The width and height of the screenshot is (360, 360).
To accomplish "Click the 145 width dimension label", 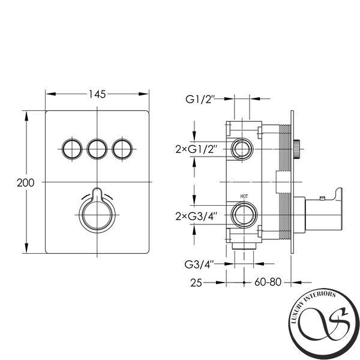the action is click(97, 94).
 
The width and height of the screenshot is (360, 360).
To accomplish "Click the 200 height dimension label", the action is click(25, 183).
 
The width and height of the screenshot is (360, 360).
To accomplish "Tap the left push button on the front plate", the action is click(72, 149).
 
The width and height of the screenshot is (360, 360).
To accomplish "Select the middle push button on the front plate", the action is click(97, 149).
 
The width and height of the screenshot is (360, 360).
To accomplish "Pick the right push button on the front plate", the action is click(122, 149).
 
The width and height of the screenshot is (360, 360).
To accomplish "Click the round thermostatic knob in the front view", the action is click(97, 215).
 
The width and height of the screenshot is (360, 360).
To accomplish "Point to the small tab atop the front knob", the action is click(97, 193).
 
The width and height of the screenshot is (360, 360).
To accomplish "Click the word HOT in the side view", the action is click(244, 196).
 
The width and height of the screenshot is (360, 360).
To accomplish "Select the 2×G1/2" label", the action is click(196, 149).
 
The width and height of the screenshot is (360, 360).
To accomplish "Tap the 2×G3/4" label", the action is click(196, 216).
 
